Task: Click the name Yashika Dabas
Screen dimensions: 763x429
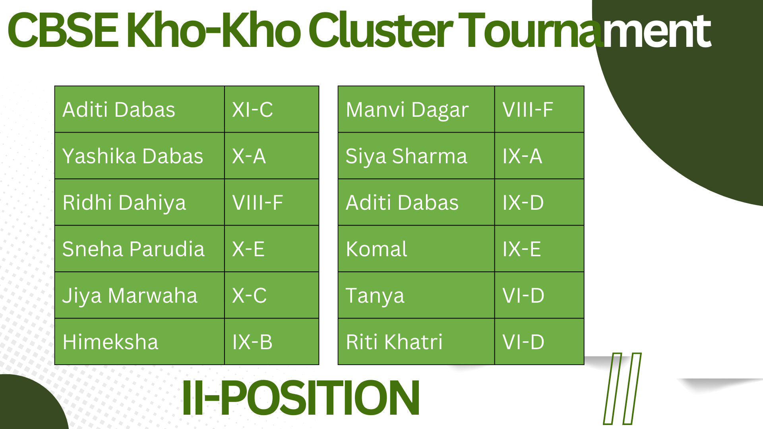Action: [133, 156]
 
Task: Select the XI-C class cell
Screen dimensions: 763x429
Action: [272, 109]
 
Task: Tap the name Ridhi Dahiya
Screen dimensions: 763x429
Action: [124, 203]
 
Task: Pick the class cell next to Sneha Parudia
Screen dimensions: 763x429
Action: [272, 249]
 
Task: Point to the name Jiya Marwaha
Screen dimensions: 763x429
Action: [130, 296]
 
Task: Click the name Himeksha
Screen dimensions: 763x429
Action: [110, 342]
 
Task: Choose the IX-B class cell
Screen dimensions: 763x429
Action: [272, 342]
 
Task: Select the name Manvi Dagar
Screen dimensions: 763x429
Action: [407, 110]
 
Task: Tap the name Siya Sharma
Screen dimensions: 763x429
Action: [406, 157]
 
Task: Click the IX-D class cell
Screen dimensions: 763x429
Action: [539, 202]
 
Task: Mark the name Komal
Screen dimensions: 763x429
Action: [376, 249]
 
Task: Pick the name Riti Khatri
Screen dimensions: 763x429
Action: [394, 342]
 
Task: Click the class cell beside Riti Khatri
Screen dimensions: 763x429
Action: [539, 342]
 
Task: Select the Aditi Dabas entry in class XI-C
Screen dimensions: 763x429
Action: [119, 110]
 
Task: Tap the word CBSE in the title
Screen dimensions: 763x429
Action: [63, 30]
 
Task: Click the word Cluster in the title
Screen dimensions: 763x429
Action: [380, 30]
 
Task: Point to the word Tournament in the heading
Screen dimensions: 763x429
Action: [584, 30]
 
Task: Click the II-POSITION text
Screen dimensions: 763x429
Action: [301, 397]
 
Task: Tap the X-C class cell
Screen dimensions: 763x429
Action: [272, 295]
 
